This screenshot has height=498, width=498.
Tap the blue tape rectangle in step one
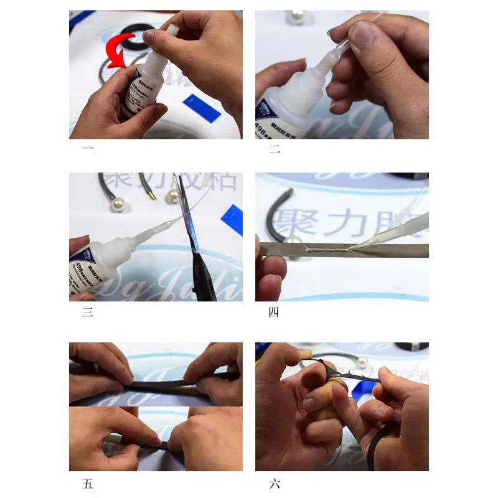pyautogui.click(x=200, y=108)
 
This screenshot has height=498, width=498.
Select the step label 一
pyautogui.click(x=87, y=150)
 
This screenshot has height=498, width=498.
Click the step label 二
pyautogui.click(x=273, y=150)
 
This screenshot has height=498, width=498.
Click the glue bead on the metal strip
pyautogui.click(x=323, y=250)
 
